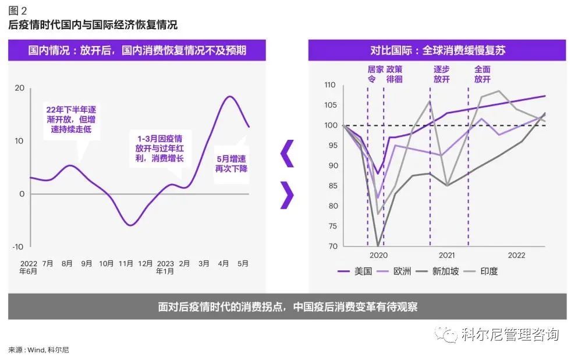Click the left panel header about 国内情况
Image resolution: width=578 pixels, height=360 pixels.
click(x=137, y=51)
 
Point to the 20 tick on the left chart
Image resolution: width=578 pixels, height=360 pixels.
click(x=19, y=88)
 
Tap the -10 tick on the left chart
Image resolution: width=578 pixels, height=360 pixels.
click(x=18, y=247)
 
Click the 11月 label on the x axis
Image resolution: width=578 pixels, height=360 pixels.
click(x=126, y=263)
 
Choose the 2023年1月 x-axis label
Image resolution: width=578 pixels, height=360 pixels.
click(x=166, y=267)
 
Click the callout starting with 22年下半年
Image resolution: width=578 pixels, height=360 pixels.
click(x=73, y=119)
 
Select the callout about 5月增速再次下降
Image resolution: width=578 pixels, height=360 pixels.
click(x=232, y=164)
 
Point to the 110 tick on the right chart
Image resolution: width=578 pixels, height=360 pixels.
click(x=330, y=85)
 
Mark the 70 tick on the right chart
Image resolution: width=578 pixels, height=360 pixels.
click(x=332, y=246)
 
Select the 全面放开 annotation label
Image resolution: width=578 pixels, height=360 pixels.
click(x=482, y=73)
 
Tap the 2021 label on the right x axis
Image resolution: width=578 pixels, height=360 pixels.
click(x=446, y=255)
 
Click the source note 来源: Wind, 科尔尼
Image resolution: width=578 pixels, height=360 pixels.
click(x=38, y=350)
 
